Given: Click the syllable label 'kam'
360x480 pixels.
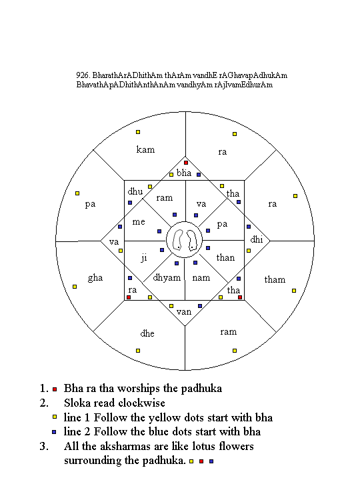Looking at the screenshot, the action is (x=145, y=149).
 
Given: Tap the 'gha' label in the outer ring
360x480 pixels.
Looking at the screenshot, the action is (x=95, y=278).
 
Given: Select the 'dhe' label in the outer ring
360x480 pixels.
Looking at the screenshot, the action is (x=147, y=333).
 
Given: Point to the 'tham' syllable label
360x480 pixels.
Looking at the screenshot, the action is (x=275, y=279).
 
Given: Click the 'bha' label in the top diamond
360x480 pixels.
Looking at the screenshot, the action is (x=184, y=173).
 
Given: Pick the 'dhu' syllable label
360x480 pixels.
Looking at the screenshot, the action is (x=135, y=191).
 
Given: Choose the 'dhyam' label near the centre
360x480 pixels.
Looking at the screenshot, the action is (x=167, y=278).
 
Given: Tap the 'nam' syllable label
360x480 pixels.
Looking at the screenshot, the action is (x=201, y=277).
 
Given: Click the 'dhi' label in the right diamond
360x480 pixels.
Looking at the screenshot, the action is (x=257, y=239).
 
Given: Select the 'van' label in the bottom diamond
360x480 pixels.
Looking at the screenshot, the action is (x=184, y=312).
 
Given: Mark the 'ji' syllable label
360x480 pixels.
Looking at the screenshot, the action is (x=144, y=258).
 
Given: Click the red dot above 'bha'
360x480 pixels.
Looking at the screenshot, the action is (x=186, y=163).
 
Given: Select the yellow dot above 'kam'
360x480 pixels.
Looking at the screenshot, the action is (x=138, y=132).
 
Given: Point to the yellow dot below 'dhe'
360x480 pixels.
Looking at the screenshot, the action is (x=138, y=351).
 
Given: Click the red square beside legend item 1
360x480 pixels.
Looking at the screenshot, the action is (x=55, y=389).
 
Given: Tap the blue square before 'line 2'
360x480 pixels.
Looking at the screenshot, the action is (x=54, y=432).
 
